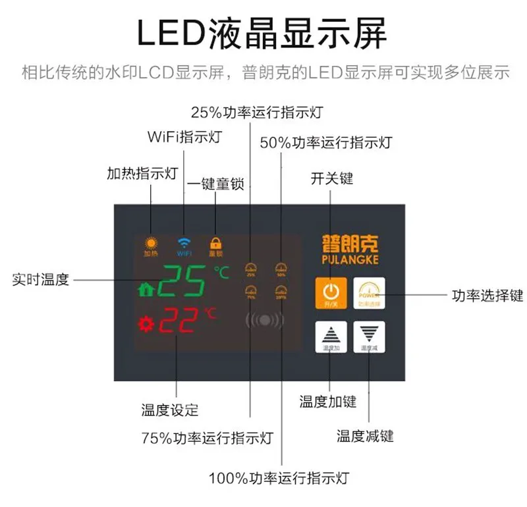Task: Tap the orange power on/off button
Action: [x=331, y=292]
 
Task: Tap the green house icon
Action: [x=145, y=288]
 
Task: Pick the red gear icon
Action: [x=145, y=324]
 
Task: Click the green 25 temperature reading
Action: [x=182, y=282]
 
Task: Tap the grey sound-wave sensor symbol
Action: [x=265, y=321]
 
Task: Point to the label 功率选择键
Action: [x=487, y=295]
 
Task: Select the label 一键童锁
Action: [x=215, y=184]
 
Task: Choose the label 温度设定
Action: [x=170, y=410]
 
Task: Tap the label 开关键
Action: [x=331, y=178]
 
